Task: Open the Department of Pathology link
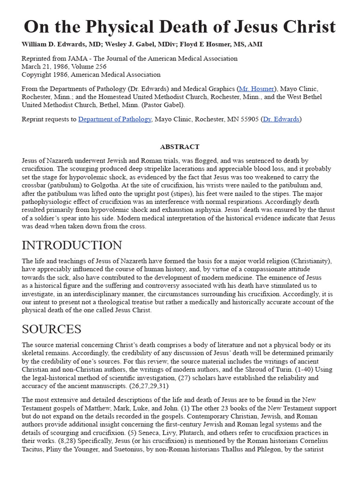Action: (115, 119)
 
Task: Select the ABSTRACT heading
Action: (180, 147)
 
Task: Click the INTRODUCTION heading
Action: (72, 245)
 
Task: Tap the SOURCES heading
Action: (52, 329)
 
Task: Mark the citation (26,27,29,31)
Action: (143, 386)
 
